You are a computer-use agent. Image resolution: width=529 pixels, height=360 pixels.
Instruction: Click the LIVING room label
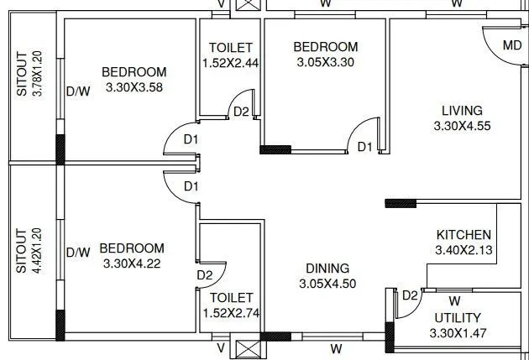coord(462,111)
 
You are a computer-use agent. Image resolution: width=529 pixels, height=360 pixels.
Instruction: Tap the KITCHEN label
coord(464,234)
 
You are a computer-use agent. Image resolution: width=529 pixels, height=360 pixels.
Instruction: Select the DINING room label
coord(327,269)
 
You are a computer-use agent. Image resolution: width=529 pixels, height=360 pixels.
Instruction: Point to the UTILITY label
coord(457,317)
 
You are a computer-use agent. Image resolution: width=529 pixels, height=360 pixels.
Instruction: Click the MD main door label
coord(511,44)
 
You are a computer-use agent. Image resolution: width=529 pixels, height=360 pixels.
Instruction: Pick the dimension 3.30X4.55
coord(462,127)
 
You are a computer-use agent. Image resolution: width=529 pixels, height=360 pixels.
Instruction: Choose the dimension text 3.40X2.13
coord(464,250)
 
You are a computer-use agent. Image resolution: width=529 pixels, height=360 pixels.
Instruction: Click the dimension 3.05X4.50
coord(327,284)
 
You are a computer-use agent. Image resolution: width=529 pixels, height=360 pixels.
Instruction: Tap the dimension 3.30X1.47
coord(457,332)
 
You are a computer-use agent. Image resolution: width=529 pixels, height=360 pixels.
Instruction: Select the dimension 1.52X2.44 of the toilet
coord(231,62)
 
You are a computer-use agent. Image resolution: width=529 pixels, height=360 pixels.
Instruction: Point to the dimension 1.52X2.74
coord(231,313)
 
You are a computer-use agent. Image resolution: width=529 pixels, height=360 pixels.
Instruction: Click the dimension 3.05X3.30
coord(326,62)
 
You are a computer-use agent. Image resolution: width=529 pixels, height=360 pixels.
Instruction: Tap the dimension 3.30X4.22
coord(132,263)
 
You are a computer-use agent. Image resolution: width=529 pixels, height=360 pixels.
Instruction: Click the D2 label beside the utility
coord(410,295)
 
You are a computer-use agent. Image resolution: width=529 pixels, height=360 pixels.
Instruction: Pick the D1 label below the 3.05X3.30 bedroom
coord(364,147)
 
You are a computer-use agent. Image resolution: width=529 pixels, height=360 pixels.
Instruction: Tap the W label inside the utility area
coord(454,300)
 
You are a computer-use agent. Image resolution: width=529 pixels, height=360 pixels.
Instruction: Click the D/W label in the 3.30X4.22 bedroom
coord(78,252)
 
